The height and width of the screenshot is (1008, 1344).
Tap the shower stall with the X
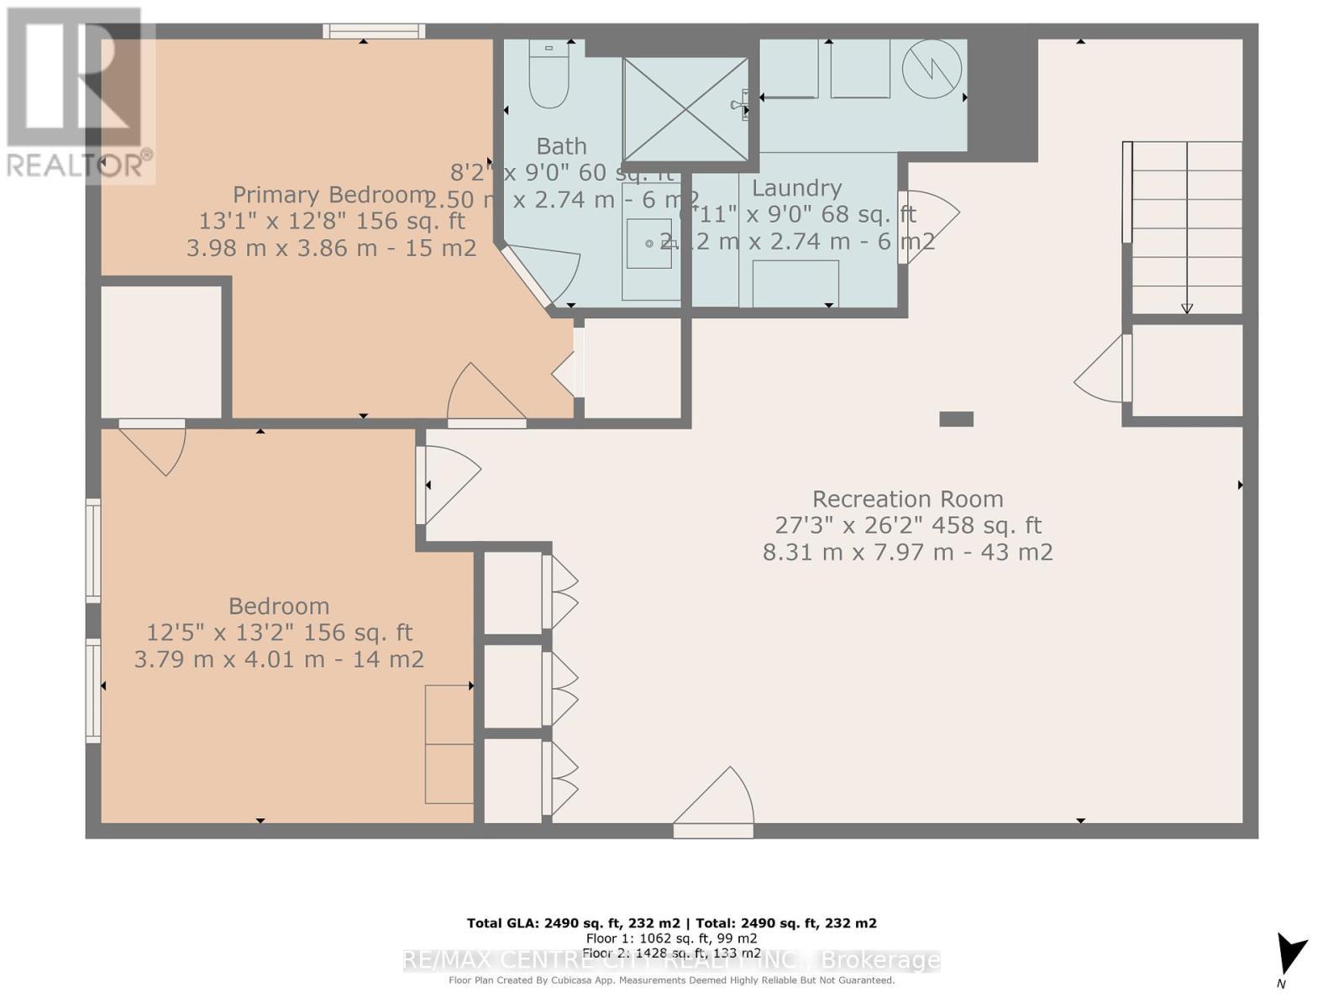tap(685, 108)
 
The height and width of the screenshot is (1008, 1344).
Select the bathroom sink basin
tap(649, 244)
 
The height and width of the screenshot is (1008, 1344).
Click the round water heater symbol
tap(932, 68)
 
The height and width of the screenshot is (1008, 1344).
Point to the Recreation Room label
tap(907, 499)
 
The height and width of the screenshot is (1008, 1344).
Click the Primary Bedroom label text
tap(331, 195)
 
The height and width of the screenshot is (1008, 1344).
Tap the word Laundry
tap(796, 188)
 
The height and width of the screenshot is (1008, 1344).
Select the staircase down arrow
tap(1187, 307)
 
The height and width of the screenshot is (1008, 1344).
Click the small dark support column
tap(956, 419)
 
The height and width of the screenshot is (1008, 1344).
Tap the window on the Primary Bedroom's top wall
tap(374, 32)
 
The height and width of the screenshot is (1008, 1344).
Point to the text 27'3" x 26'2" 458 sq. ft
tap(907, 526)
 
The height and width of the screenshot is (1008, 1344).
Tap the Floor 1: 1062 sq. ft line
tap(671, 938)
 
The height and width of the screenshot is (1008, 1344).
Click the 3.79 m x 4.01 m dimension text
tap(278, 659)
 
